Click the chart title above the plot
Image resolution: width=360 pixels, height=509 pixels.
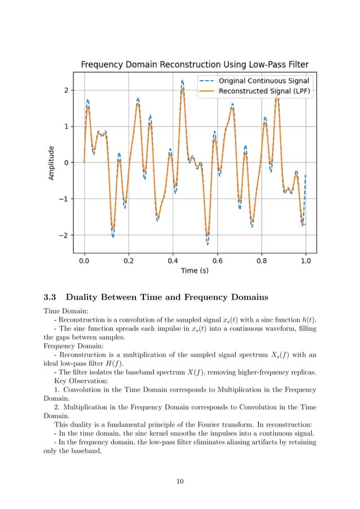pyautogui.click(x=195, y=64)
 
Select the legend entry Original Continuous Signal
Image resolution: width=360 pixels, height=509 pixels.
pyautogui.click(x=264, y=81)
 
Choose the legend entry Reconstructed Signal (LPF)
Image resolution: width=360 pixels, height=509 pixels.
pyautogui.click(x=264, y=91)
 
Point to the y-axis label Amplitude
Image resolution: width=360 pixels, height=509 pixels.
pyautogui.click(x=51, y=163)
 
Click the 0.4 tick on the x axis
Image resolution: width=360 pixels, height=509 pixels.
pyautogui.click(x=173, y=261)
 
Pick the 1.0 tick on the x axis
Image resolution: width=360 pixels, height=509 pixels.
pyautogui.click(x=306, y=261)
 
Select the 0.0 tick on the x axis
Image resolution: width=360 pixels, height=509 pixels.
pyautogui.click(x=84, y=261)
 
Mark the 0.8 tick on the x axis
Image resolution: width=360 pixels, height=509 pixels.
pyautogui.click(x=261, y=261)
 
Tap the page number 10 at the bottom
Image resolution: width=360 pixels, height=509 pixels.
pyautogui.click(x=179, y=481)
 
